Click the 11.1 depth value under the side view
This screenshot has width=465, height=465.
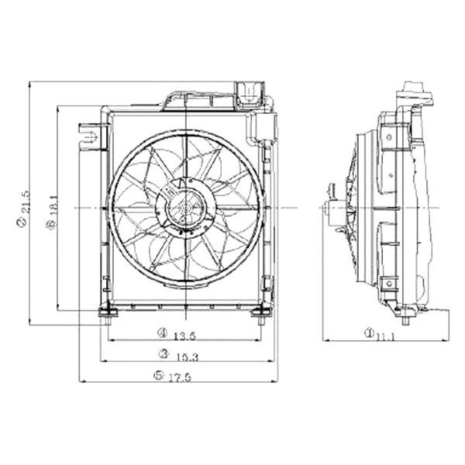tap(385, 335)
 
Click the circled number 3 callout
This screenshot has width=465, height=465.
tap(164, 354)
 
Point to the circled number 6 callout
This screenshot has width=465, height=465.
tap(51, 224)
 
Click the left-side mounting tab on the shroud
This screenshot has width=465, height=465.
tap(91, 137)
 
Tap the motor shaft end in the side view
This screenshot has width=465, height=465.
tap(325, 208)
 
